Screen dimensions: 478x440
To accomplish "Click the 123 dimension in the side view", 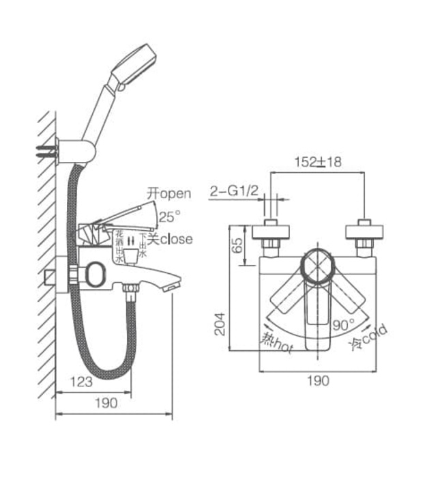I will point(81,382).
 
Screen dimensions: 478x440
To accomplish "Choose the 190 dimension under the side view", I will point(106,403).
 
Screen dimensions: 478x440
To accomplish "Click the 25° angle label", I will point(170,217).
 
